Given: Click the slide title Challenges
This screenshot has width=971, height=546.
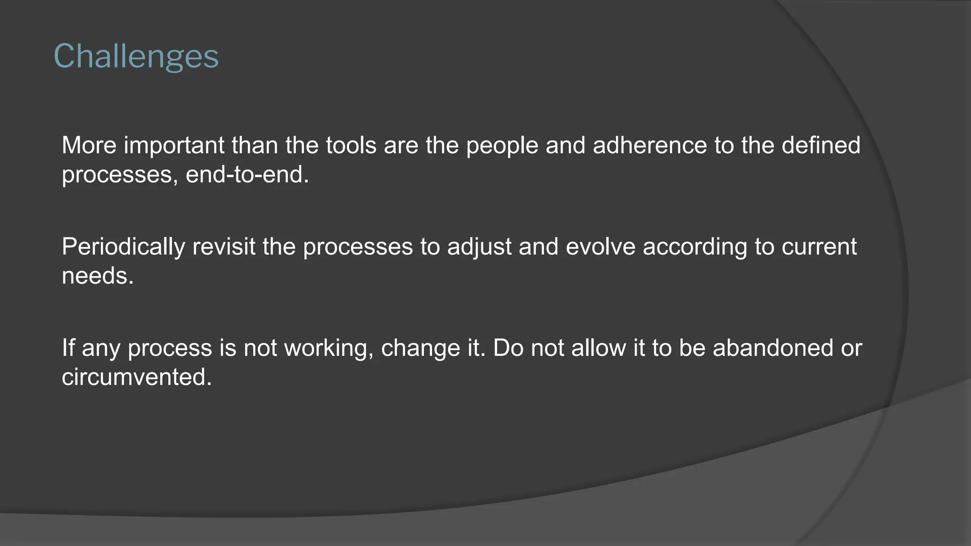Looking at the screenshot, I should tap(136, 57).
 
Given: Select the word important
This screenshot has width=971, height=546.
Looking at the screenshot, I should tap(174, 146).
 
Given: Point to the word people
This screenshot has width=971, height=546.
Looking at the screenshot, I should tap(502, 146).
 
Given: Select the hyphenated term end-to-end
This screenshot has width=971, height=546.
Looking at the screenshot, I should tap(247, 175).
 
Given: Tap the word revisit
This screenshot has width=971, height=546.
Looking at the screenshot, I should tap(224, 247).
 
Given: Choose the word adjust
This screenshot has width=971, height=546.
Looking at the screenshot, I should tap(479, 247).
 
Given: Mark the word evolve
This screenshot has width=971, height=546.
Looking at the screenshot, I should tap(600, 247).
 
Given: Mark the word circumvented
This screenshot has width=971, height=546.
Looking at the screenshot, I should tap(137, 378).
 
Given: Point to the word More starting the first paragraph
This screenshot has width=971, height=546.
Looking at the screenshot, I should tap(89, 146).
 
